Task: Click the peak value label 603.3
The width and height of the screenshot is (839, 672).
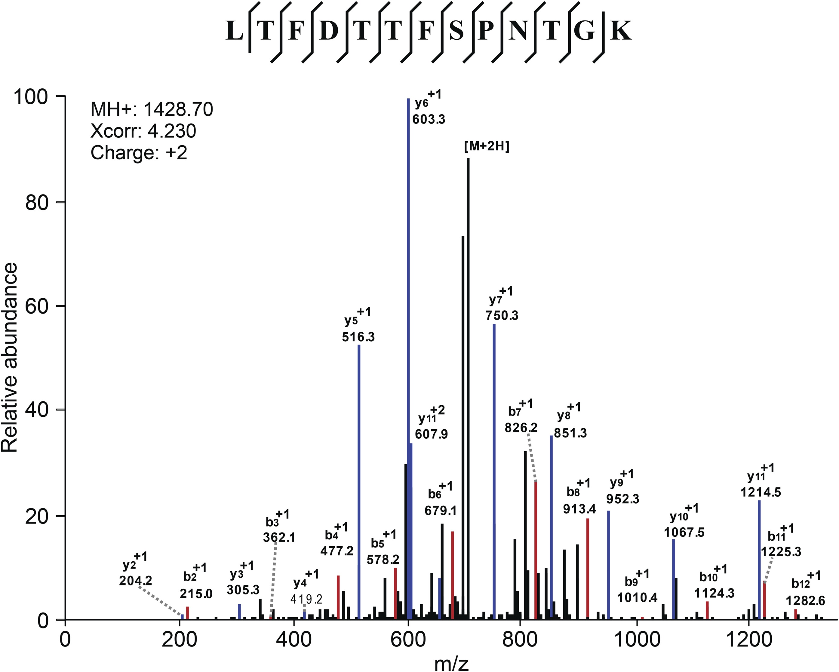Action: (x=429, y=119)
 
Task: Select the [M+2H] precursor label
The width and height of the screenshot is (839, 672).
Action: (x=487, y=147)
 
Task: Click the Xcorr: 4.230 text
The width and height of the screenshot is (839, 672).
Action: (x=143, y=131)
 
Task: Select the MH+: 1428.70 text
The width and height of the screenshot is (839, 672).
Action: (x=152, y=110)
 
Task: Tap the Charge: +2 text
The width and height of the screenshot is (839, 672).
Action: (x=139, y=153)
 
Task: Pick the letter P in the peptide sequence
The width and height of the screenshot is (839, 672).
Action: (x=485, y=31)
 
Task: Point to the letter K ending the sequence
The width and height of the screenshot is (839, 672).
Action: (x=620, y=31)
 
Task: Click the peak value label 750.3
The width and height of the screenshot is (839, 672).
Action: (x=502, y=315)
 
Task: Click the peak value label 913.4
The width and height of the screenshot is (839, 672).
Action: (x=579, y=508)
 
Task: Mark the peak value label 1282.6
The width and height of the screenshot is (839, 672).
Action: (x=805, y=601)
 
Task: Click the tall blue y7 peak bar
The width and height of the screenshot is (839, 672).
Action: (x=494, y=467)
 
